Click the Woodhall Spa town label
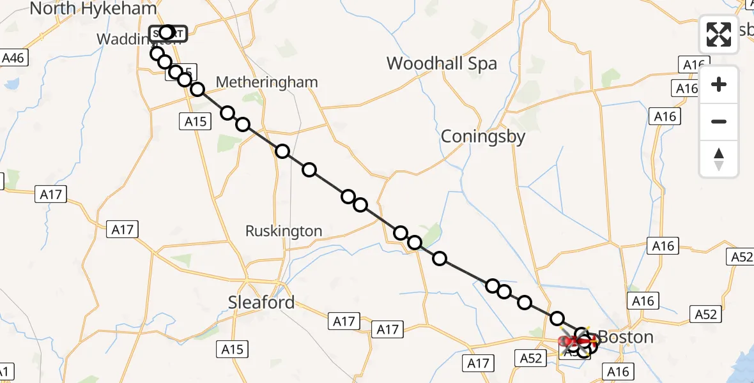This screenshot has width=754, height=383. (442, 64)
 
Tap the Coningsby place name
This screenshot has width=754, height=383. (483, 137)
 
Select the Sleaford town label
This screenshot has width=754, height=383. (261, 302)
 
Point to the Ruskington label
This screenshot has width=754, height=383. (284, 231)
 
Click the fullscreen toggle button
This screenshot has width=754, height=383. (719, 34)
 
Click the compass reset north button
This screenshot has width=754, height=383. (719, 159)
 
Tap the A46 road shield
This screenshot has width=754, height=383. (13, 59)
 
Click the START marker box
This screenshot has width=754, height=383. (167, 33)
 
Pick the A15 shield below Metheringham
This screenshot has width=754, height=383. (196, 121)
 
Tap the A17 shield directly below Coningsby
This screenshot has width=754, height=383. (478, 363)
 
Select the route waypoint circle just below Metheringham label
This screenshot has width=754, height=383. (228, 114)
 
